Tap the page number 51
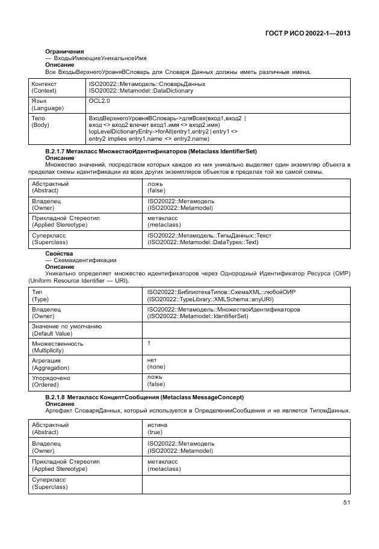(346, 502)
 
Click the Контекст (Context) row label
(45, 87)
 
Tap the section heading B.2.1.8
(144, 397)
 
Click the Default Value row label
(66, 330)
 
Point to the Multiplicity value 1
(149, 343)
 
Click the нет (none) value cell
(156, 364)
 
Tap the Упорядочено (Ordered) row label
(51, 381)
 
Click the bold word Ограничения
(64, 51)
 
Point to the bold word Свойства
(59, 254)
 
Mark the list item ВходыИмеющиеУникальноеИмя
(95, 58)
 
